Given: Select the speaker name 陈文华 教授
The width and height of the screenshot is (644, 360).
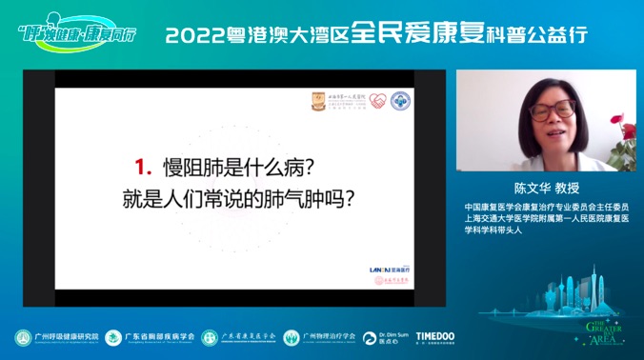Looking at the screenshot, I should (x=545, y=189).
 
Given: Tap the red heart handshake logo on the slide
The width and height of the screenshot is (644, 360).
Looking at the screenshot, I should (x=377, y=100).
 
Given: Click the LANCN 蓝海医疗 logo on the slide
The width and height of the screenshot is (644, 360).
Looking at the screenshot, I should (x=389, y=270).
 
